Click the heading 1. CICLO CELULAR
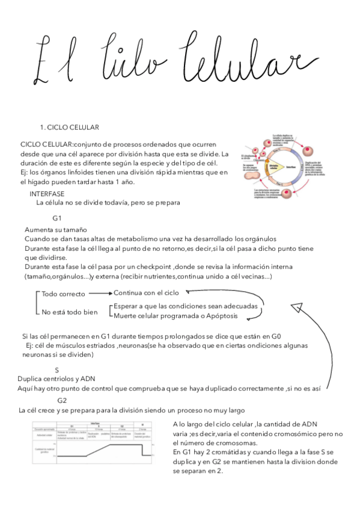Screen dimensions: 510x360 (69, 127)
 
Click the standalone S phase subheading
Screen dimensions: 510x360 (56, 370)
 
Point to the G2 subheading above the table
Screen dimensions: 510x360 (62, 401)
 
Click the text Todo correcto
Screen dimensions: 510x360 (64, 294)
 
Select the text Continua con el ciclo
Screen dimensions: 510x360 (146, 293)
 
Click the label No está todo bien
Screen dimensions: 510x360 (69, 312)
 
